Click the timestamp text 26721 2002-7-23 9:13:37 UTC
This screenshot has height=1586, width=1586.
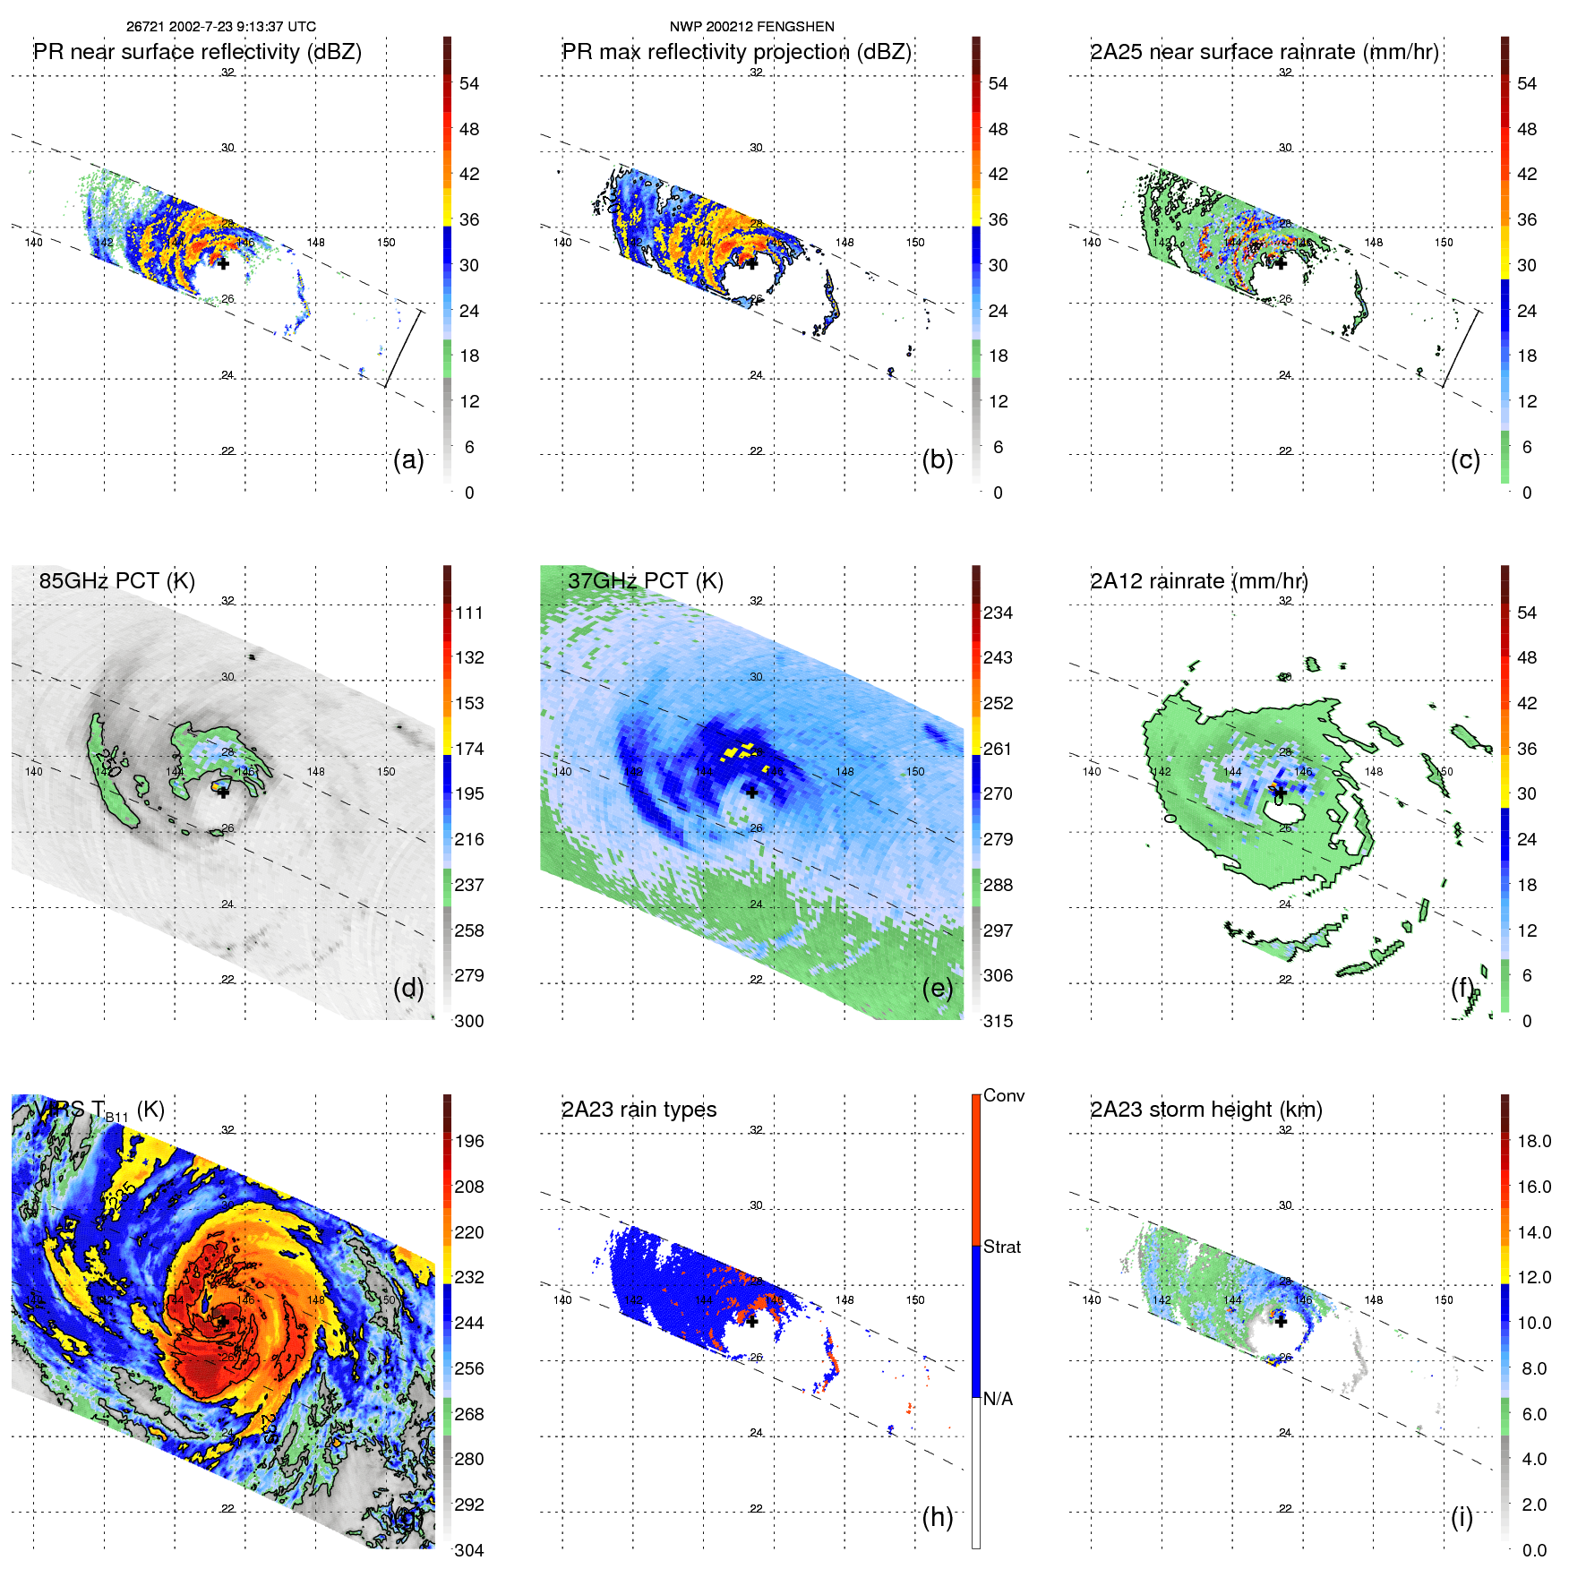(x=220, y=27)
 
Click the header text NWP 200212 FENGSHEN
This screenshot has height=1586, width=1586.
(x=751, y=27)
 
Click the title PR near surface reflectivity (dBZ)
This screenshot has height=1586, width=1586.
(x=197, y=52)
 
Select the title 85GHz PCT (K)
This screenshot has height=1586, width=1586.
(x=116, y=581)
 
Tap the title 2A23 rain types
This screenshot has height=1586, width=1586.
(x=639, y=1110)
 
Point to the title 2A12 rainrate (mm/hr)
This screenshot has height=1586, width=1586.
(x=1198, y=581)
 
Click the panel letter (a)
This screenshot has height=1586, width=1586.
(x=408, y=459)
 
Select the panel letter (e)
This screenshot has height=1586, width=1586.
(x=937, y=988)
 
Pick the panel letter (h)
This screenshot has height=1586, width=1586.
(x=937, y=1517)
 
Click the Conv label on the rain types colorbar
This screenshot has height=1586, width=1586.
(x=1003, y=1095)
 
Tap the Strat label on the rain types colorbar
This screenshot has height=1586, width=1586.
(x=1001, y=1247)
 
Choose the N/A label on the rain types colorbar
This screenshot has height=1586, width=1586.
(x=998, y=1399)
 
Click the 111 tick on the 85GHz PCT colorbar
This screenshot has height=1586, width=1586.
(x=469, y=613)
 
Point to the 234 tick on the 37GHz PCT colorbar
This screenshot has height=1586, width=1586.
(x=998, y=613)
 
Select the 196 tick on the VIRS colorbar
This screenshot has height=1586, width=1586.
(x=469, y=1141)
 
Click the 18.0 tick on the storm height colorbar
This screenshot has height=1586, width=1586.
(x=1533, y=1141)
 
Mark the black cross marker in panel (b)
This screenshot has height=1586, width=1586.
(x=752, y=262)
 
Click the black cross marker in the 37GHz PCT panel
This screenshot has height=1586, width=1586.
(x=752, y=792)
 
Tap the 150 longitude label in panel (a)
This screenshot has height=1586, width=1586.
(x=386, y=243)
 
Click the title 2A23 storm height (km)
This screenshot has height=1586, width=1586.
(x=1205, y=1110)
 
